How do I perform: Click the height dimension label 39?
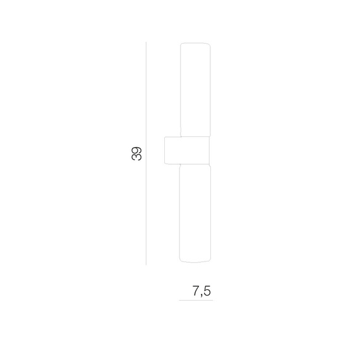[x=136, y=153]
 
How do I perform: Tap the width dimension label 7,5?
[x=201, y=291]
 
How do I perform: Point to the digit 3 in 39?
[x=136, y=157]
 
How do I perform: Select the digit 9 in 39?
[x=136, y=150]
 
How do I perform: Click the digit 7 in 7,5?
[x=196, y=291]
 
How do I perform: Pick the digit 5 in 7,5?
[x=207, y=291]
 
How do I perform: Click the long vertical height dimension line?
[x=146, y=153]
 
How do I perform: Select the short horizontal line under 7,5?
[x=196, y=300]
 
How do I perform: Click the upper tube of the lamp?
[x=195, y=90]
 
